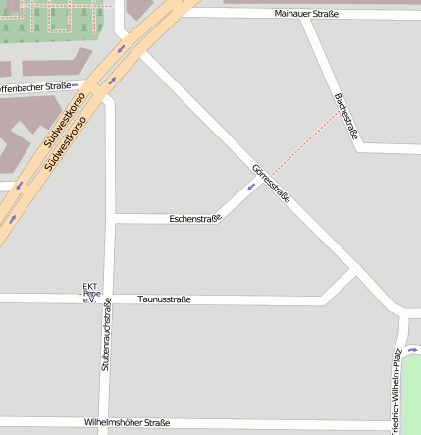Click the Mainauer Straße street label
(x=307, y=14)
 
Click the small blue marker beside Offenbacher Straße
(x=76, y=85)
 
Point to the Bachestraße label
(x=345, y=116)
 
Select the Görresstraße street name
(x=271, y=183)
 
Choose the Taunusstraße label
(x=165, y=299)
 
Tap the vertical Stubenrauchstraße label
(x=106, y=335)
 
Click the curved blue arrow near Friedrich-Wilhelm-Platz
(x=413, y=349)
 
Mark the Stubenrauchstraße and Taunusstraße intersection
(x=109, y=299)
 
